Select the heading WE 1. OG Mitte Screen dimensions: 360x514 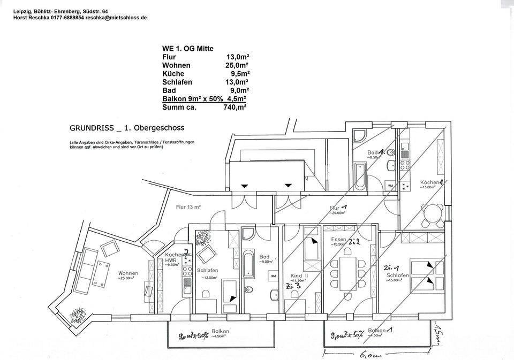click(x=187, y=48)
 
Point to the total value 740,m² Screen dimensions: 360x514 click(x=235, y=107)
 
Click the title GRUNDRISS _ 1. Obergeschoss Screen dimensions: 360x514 click(x=127, y=128)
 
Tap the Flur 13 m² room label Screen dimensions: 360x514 click(x=188, y=207)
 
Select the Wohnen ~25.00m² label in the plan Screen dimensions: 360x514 click(x=128, y=275)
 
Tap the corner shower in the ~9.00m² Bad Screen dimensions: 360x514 click(x=249, y=234)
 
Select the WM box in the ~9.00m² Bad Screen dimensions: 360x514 click(x=273, y=276)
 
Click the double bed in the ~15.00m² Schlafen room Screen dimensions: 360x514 click(x=423, y=273)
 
